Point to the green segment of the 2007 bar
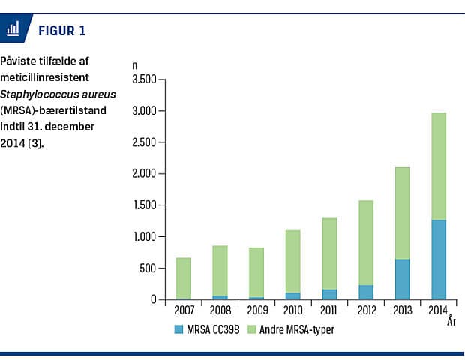tap(183, 278)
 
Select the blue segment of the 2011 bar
tap(329, 295)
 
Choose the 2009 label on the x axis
tap(256, 310)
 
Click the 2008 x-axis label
tap(220, 310)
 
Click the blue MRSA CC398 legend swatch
tap(178, 328)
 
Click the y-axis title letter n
tap(135, 66)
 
